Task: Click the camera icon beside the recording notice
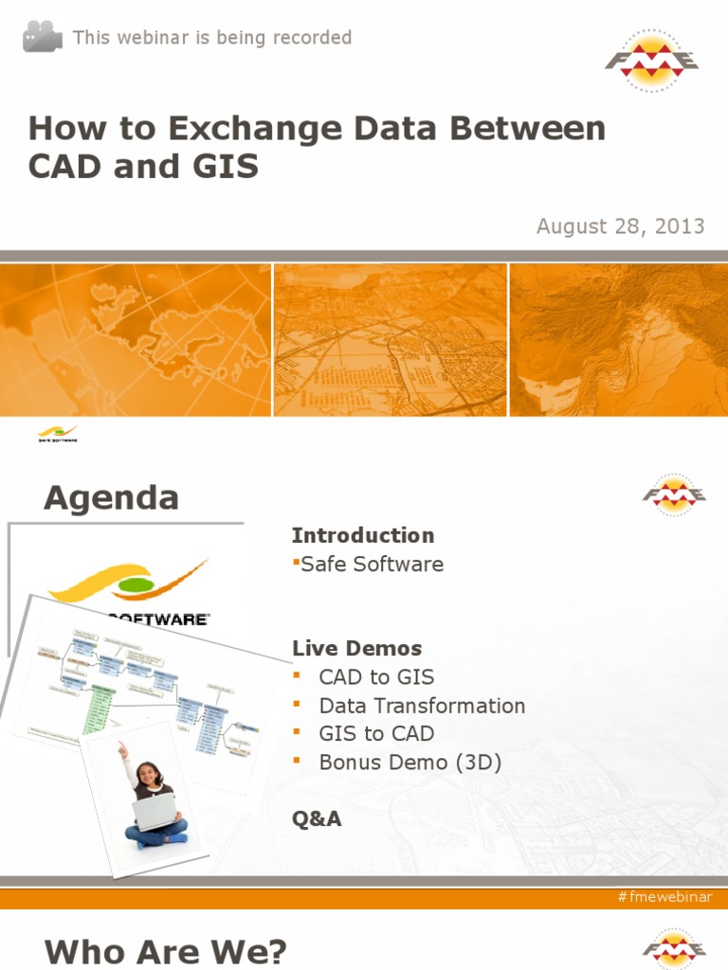[x=43, y=37]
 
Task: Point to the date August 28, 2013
[x=620, y=226]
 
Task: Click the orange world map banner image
[x=136, y=339]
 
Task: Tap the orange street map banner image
[x=391, y=339]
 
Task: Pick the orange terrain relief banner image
[x=618, y=339]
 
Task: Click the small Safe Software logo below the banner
[x=58, y=434]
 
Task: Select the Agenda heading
[x=111, y=497]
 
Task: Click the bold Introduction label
[x=362, y=535]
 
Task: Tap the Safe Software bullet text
[x=372, y=565]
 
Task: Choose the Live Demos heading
[x=356, y=649]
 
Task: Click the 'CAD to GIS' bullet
[x=376, y=677]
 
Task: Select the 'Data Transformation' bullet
[x=422, y=706]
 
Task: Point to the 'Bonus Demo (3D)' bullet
[x=409, y=762]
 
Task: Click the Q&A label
[x=317, y=819]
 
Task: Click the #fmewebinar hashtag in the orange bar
[x=664, y=897]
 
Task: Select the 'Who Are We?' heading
[x=165, y=951]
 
